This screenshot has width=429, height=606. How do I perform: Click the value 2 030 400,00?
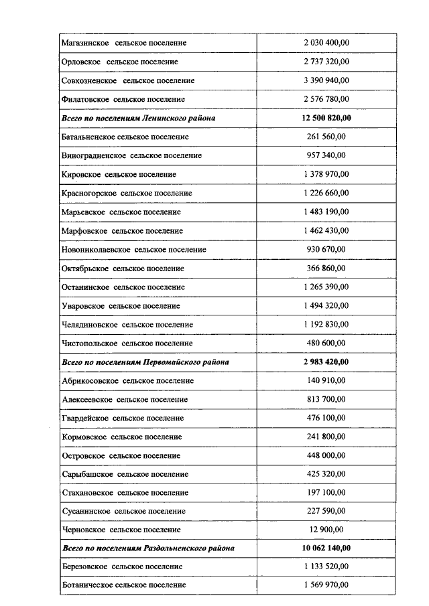click(x=326, y=43)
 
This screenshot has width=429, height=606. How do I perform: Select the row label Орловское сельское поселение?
click(x=119, y=62)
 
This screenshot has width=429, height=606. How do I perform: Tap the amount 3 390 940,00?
click(x=326, y=80)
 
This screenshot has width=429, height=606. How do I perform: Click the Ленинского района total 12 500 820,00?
click(x=326, y=118)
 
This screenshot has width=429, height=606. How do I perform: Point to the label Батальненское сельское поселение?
click(x=125, y=137)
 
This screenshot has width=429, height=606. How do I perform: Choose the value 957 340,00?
click(x=326, y=155)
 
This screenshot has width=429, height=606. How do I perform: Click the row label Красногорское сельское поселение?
click(x=126, y=193)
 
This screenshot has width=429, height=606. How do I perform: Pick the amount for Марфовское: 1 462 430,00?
click(x=326, y=230)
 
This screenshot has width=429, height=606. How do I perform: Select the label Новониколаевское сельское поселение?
click(x=133, y=249)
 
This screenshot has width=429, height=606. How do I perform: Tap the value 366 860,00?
click(x=326, y=268)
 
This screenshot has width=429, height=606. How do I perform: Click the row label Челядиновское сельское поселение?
click(x=127, y=324)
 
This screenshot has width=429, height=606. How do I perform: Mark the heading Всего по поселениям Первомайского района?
click(x=145, y=362)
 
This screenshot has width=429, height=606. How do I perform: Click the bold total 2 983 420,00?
click(x=326, y=362)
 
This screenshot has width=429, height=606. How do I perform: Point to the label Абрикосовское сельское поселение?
click(x=127, y=380)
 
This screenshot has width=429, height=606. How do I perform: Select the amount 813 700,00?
click(x=326, y=399)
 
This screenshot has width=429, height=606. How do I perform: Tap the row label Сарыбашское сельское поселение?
click(x=124, y=474)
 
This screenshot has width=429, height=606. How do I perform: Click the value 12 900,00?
click(x=326, y=530)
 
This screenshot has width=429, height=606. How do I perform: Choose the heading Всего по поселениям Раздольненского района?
click(x=147, y=548)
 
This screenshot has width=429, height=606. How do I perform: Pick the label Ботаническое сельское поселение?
click(x=123, y=585)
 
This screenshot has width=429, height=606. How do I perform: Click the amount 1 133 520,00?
click(x=326, y=566)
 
